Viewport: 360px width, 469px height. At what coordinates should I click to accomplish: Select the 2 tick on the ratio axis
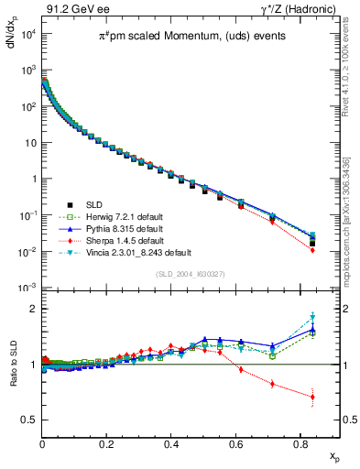32,309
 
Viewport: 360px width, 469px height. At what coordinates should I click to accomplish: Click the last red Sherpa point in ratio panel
312,398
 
